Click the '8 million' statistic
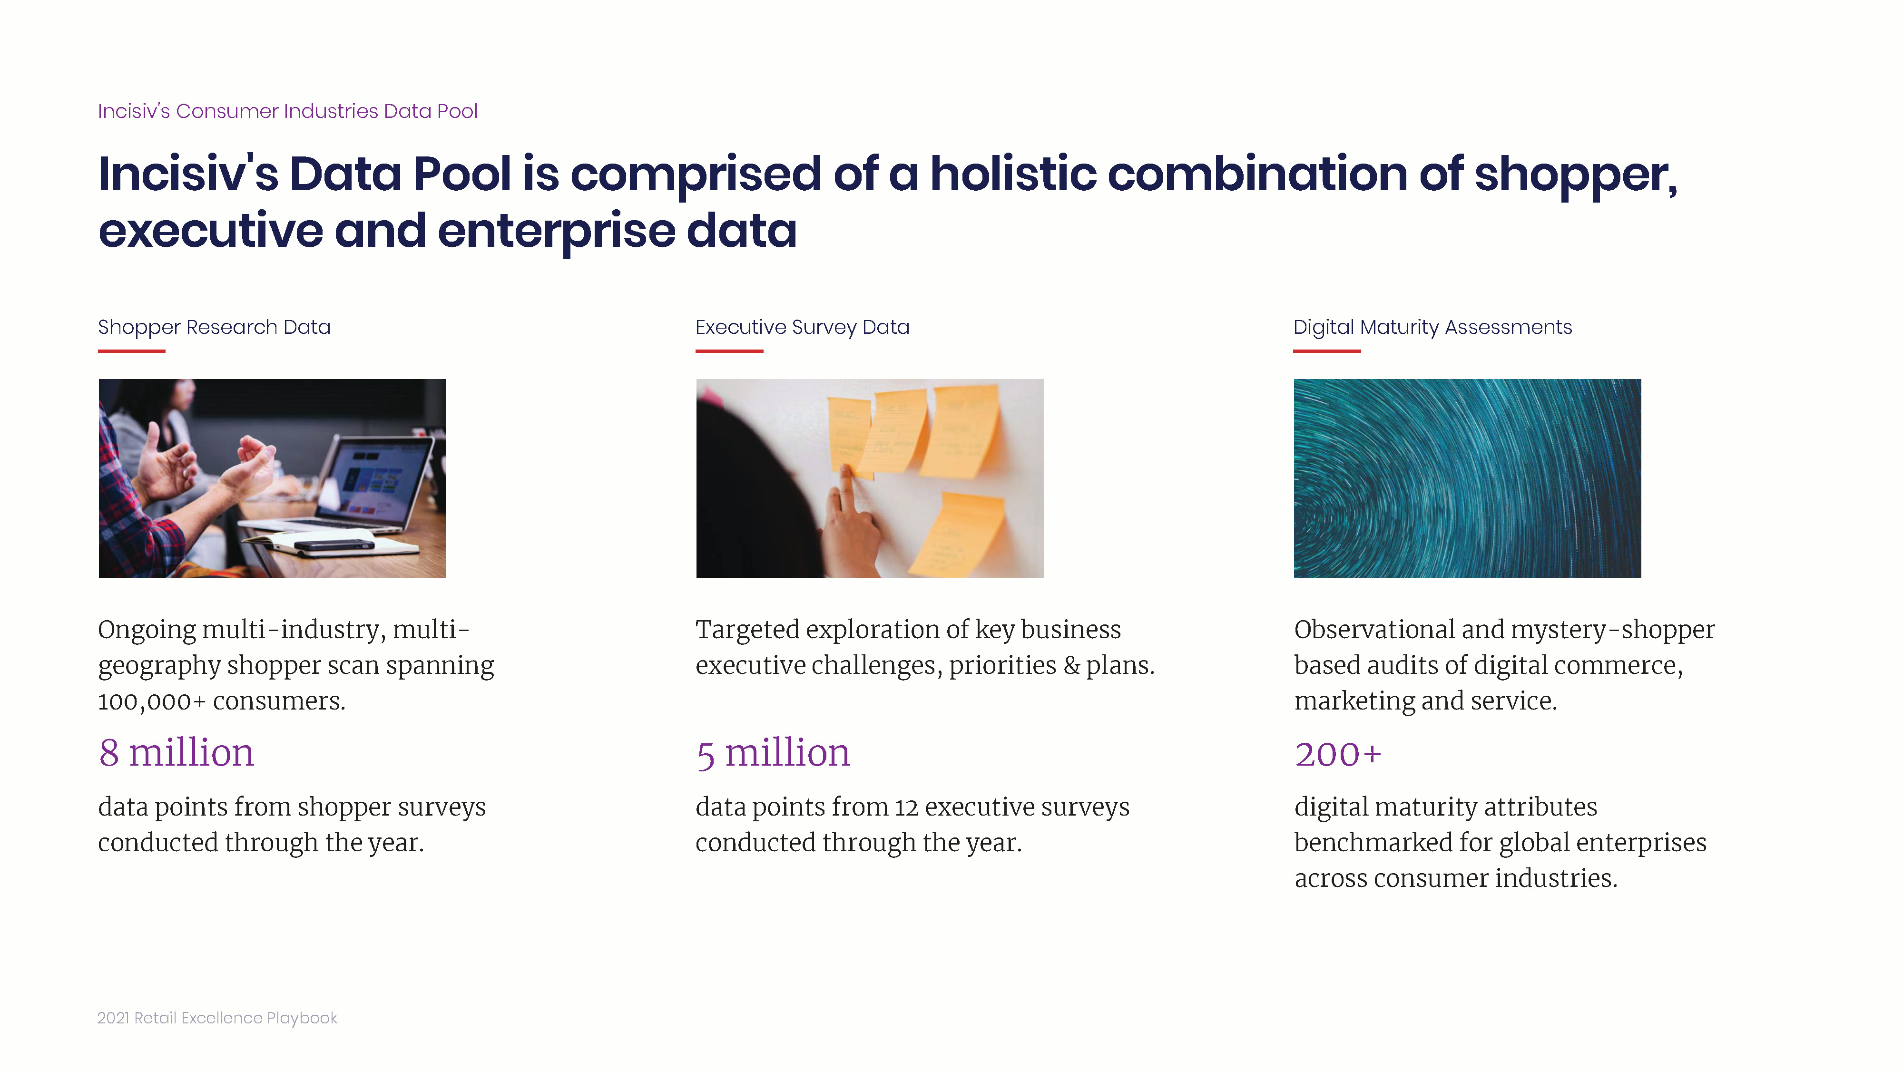[176, 753]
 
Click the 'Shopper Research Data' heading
[214, 327]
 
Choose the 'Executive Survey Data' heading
[802, 327]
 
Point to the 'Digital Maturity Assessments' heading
[1432, 327]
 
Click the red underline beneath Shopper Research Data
[131, 351]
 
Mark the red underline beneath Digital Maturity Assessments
[1327, 351]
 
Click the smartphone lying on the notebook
[334, 546]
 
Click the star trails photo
[1467, 478]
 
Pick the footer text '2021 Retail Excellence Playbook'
[217, 1018]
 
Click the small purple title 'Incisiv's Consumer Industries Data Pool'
[287, 111]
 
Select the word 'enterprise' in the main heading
[556, 231]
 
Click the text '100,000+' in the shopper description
[151, 701]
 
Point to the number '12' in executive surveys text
[906, 808]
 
